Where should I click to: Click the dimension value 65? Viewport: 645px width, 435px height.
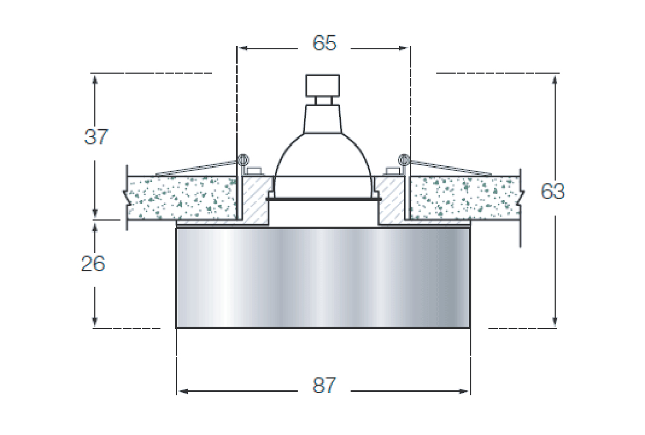point(325,43)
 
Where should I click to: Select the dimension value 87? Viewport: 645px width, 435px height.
point(325,385)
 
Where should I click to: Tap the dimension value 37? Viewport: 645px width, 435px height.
point(96,137)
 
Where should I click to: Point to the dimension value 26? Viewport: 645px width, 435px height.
point(93,264)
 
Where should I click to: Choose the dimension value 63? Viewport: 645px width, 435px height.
point(553,191)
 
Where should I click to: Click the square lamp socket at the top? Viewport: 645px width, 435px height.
point(322,85)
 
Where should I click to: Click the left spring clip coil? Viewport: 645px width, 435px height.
point(243,160)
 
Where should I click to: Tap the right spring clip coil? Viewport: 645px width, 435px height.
point(404,160)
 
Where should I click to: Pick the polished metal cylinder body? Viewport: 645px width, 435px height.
point(323,278)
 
